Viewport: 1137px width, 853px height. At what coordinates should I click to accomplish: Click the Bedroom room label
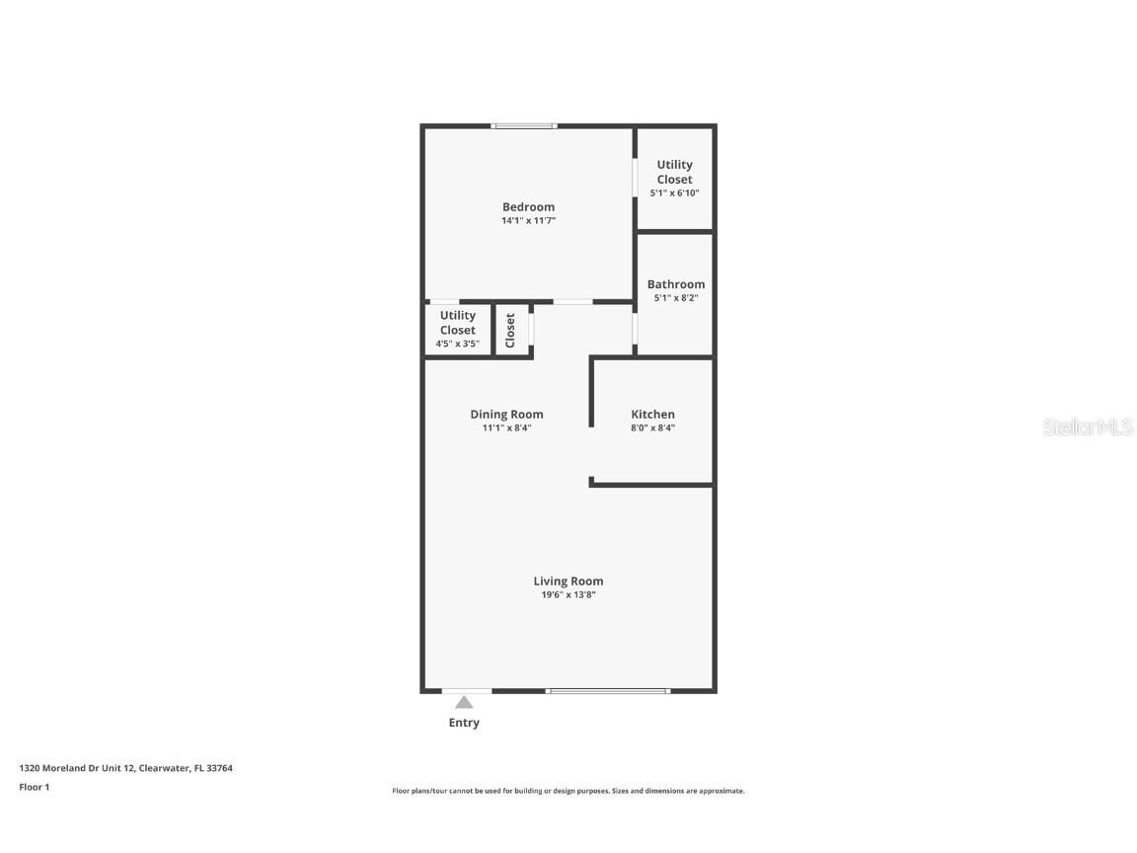pyautogui.click(x=528, y=207)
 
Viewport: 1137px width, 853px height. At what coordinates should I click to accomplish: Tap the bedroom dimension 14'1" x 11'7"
pyautogui.click(x=528, y=221)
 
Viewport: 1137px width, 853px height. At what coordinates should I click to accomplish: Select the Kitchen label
pyautogui.click(x=652, y=415)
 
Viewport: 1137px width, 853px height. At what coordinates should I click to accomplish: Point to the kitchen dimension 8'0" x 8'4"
pyautogui.click(x=652, y=428)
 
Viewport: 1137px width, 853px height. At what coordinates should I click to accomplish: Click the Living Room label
pyautogui.click(x=568, y=582)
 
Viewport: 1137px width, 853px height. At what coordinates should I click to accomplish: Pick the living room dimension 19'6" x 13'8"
pyautogui.click(x=568, y=595)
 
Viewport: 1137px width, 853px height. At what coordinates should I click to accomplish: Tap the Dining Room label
pyautogui.click(x=506, y=415)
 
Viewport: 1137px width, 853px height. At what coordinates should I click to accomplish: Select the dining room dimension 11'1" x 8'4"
pyautogui.click(x=506, y=428)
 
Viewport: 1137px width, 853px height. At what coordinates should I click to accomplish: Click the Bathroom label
pyautogui.click(x=675, y=284)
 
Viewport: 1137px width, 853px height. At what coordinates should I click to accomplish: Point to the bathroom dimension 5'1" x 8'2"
pyautogui.click(x=675, y=298)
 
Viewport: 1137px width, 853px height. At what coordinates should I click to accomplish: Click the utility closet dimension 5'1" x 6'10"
pyautogui.click(x=674, y=194)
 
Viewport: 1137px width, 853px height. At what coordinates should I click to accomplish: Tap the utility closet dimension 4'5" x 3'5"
pyautogui.click(x=457, y=345)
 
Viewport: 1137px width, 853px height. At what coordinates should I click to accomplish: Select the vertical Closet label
pyautogui.click(x=510, y=330)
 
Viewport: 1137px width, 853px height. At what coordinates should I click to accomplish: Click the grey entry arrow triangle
pyautogui.click(x=464, y=702)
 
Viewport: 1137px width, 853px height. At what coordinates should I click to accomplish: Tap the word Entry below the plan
pyautogui.click(x=464, y=723)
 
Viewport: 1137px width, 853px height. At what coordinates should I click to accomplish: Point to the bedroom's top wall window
pyautogui.click(x=524, y=125)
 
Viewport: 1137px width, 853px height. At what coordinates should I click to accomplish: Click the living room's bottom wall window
pyautogui.click(x=607, y=691)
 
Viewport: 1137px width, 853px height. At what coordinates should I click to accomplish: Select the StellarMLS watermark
pyautogui.click(x=1088, y=427)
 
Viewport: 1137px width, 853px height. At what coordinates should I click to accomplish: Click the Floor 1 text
pyautogui.click(x=34, y=787)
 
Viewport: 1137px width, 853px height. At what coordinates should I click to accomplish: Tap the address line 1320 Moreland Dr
pyautogui.click(x=125, y=768)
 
